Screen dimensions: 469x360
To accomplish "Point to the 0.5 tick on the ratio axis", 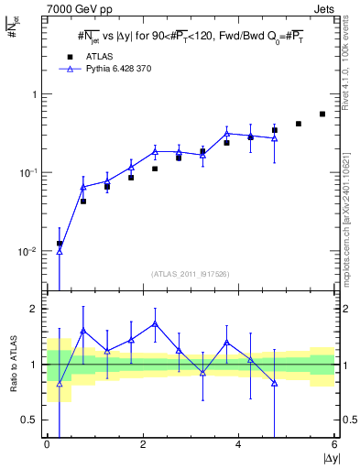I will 32,420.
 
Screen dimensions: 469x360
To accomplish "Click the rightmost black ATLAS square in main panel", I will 322,115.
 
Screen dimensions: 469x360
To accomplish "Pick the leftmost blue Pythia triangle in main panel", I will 60,250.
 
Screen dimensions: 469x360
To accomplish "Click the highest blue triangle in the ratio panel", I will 155,323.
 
